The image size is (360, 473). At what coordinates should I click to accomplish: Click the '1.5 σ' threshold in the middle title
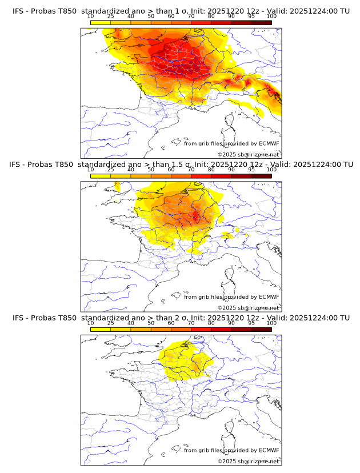click(183, 165)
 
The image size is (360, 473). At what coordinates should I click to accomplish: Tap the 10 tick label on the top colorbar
click(91, 17)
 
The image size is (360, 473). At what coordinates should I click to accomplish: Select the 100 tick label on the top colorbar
click(271, 17)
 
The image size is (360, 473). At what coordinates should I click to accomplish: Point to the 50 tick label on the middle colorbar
click(151, 170)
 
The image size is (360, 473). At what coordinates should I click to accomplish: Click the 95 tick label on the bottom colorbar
click(251, 323)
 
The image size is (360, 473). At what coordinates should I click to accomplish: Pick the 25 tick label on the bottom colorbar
click(111, 323)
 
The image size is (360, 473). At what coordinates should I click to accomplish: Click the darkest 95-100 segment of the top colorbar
click(261, 22)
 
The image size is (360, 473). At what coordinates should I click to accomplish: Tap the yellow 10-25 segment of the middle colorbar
click(101, 176)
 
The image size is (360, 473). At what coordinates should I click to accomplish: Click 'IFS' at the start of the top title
click(19, 11)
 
